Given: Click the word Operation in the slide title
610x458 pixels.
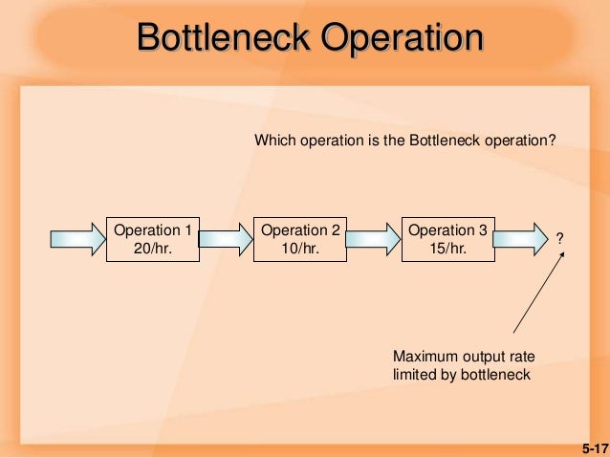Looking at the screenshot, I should (x=402, y=37).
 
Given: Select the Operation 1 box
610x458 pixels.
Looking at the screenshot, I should (x=153, y=239).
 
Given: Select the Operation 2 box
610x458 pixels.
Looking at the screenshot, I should (x=300, y=239).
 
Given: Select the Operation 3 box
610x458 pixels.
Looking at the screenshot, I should (x=447, y=239).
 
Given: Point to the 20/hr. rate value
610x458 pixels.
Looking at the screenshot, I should (x=153, y=249).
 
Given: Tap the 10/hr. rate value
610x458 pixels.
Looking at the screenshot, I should (x=300, y=249).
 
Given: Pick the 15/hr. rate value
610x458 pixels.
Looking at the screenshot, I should (x=447, y=249).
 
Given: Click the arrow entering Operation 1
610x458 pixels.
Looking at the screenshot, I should (x=76, y=239).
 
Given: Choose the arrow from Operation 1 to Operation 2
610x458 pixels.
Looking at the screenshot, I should (x=225, y=239).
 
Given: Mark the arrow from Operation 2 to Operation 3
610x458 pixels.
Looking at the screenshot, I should (x=373, y=239).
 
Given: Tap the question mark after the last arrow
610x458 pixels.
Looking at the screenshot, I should (x=560, y=236).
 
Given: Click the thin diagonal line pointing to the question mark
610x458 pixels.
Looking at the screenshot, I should (x=541, y=296).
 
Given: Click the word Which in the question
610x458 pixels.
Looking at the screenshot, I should (x=271, y=141).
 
